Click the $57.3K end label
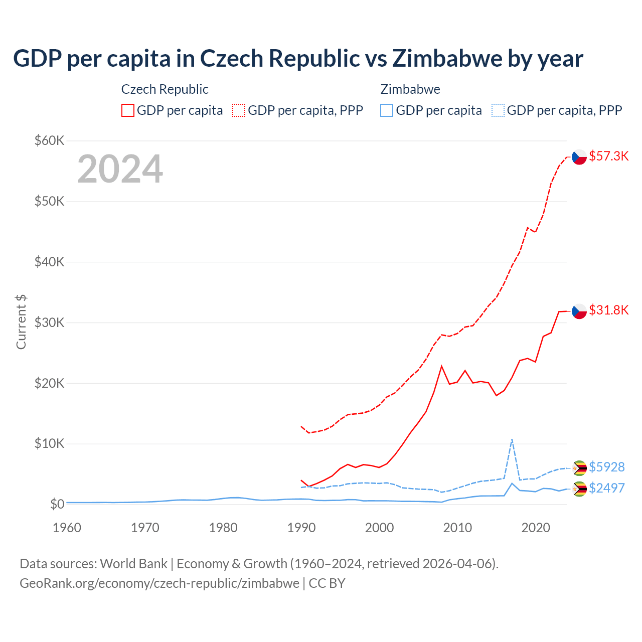tap(608, 156)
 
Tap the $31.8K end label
tap(608, 310)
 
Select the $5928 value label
tap(606, 467)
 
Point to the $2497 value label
tap(606, 488)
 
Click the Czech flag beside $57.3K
tap(579, 157)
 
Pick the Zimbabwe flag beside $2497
tap(579, 489)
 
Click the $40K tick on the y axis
tap(49, 262)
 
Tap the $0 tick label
tap(57, 504)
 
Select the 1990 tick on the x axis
tap(301, 528)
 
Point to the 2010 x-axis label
tap(457, 528)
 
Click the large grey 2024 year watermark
tap(120, 169)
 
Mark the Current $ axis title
tap(21, 322)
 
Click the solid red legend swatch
tap(128, 110)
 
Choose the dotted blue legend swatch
tap(498, 110)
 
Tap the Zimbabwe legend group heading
tap(410, 89)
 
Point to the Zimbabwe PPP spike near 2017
tap(512, 440)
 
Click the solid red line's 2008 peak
tap(441, 366)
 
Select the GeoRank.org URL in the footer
tap(159, 583)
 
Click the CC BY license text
tap(327, 583)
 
